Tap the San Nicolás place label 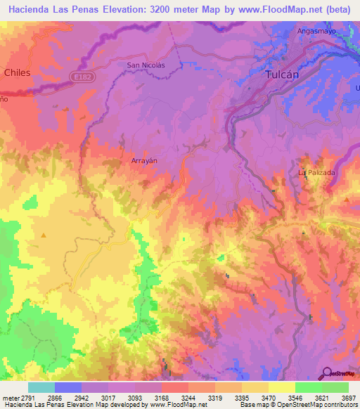(145, 65)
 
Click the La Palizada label (316, 172)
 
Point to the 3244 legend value (188, 397)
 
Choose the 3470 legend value (268, 397)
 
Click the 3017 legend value (108, 397)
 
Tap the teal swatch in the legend (41, 387)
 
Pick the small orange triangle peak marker (43, 235)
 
